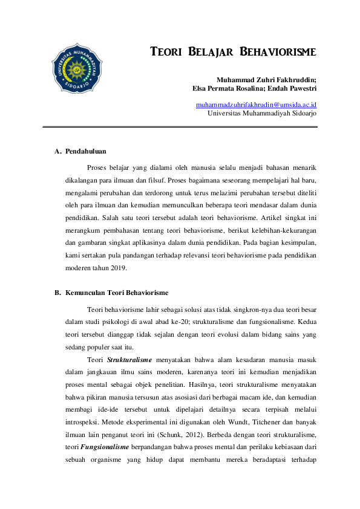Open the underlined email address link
pyautogui.click(x=256, y=105)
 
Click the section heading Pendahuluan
pyautogui.click(x=87, y=151)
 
